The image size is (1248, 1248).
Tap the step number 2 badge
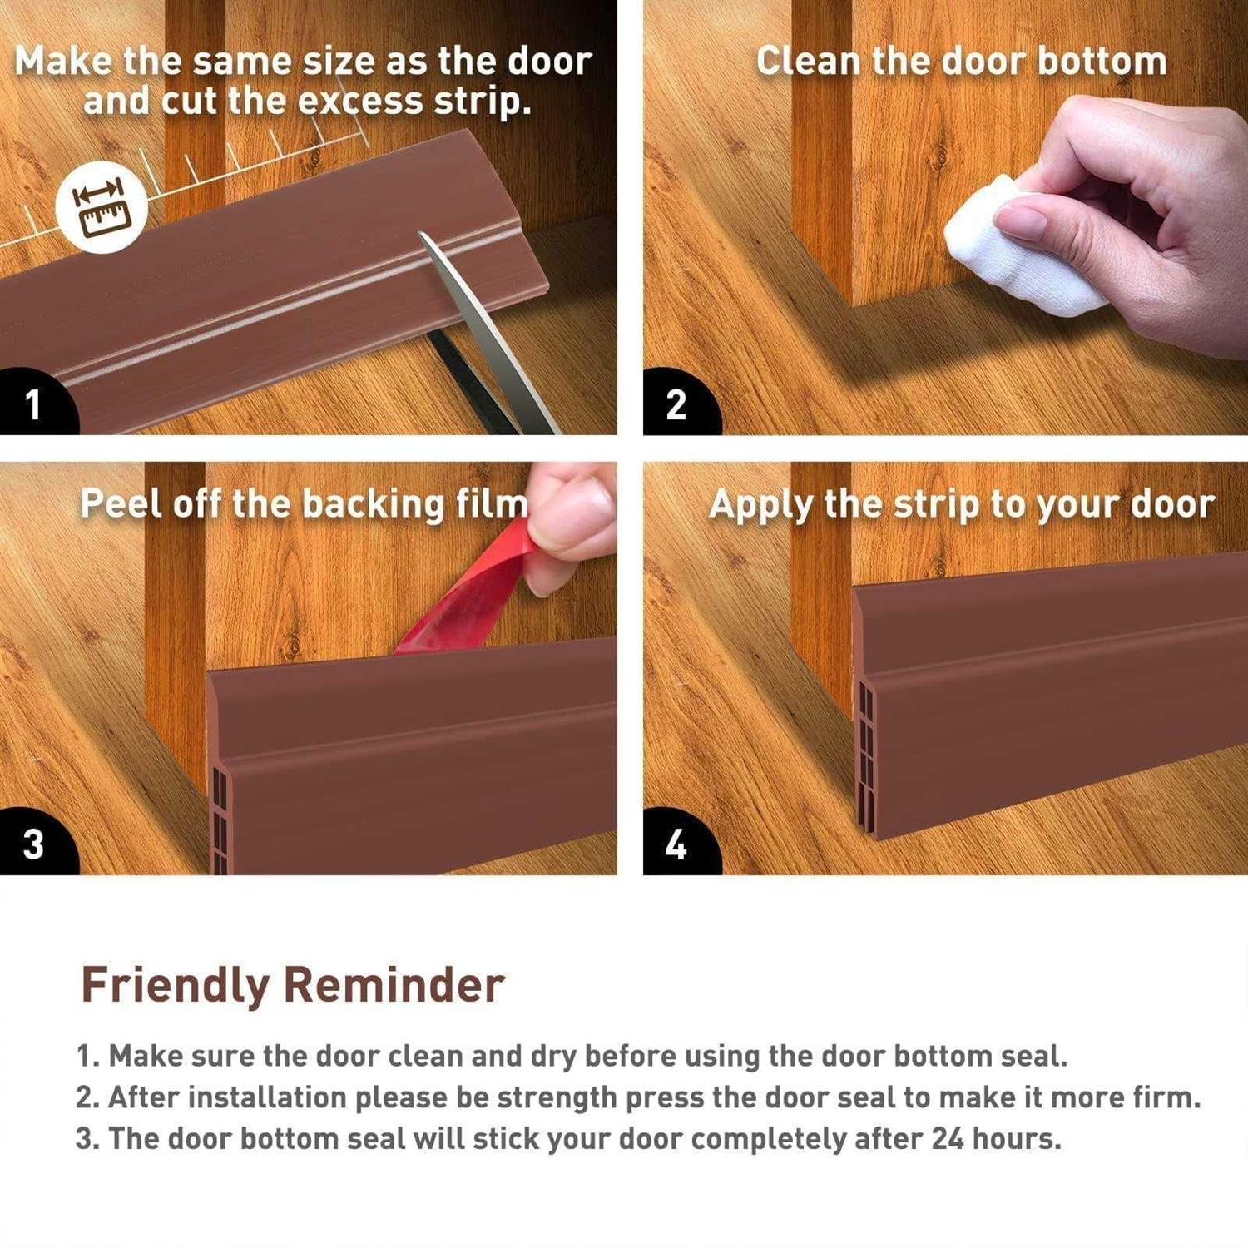676,404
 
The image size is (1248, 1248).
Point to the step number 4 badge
676,844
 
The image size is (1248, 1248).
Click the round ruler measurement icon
102,207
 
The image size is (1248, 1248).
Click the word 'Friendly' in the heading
175,986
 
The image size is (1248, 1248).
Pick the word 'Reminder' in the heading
394,986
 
